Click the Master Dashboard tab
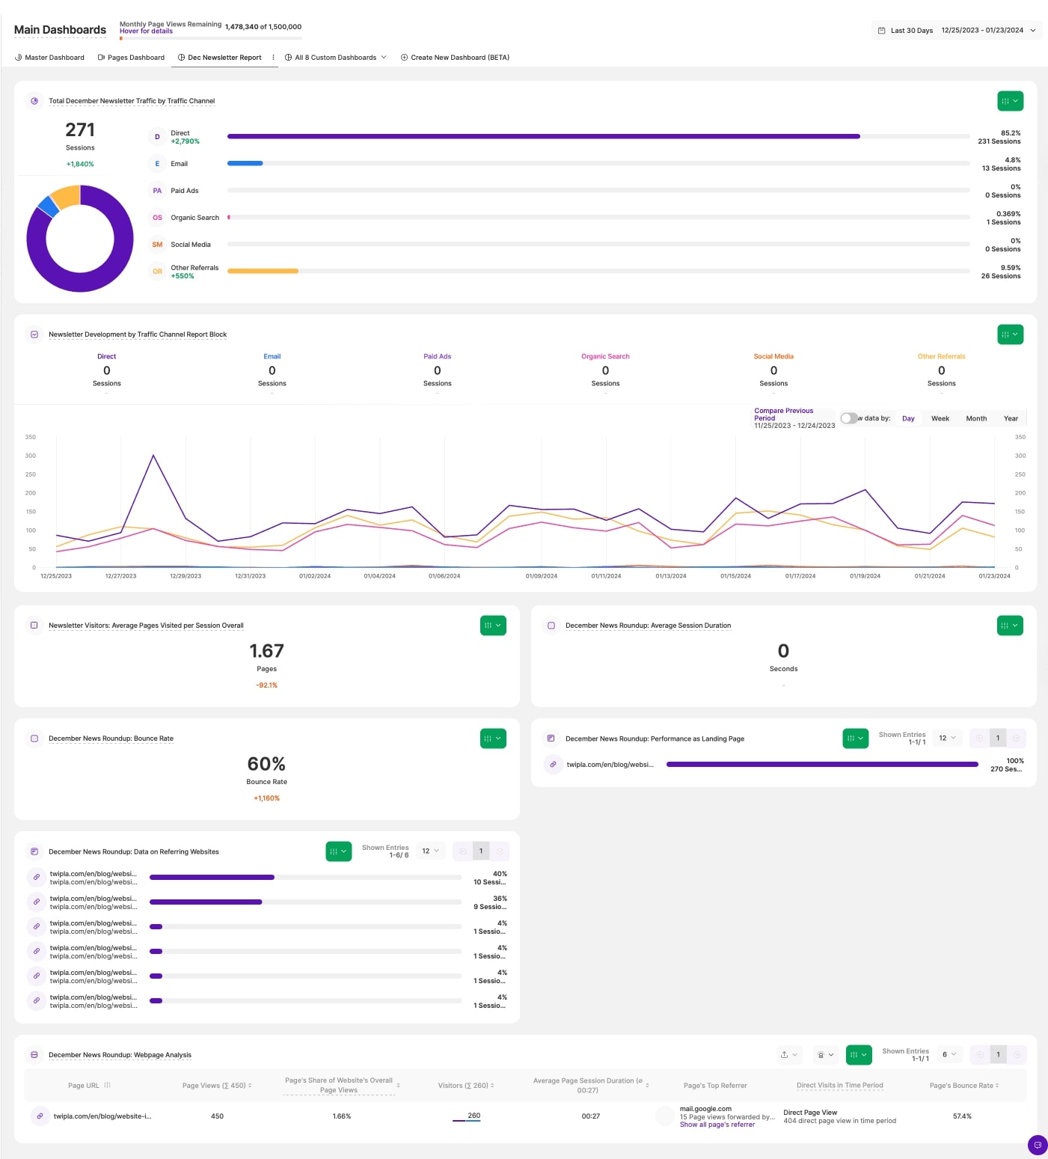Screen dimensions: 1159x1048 [50, 58]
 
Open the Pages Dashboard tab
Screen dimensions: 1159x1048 [132, 58]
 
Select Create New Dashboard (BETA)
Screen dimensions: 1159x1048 [455, 58]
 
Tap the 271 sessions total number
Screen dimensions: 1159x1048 [80, 130]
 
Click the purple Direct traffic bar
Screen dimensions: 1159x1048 [543, 136]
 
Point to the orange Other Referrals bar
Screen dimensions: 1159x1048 [263, 271]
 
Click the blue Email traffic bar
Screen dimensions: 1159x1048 [245, 163]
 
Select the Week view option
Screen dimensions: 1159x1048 [940, 419]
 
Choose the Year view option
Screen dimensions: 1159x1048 [1011, 419]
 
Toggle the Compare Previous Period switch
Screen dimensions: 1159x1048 [848, 418]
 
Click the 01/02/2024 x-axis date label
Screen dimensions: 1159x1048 [315, 576]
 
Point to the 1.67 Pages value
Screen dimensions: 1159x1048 [266, 651]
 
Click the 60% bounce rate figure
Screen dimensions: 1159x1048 [266, 764]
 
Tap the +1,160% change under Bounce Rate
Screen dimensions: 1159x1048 [266, 798]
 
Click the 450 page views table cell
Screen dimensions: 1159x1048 [217, 1116]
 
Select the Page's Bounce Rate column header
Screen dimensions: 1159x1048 [962, 1086]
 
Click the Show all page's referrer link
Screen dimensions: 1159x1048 [717, 1125]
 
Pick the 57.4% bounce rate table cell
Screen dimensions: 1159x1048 [962, 1116]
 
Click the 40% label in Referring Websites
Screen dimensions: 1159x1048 [500, 874]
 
